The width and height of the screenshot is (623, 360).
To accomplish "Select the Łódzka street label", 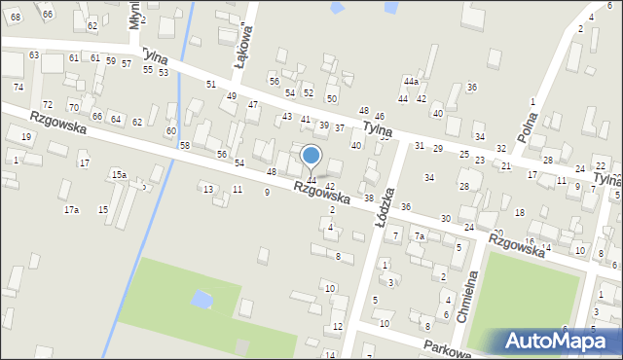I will click(x=381, y=206).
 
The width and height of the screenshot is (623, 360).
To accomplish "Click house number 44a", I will click(x=411, y=83).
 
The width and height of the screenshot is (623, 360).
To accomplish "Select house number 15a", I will click(x=118, y=174).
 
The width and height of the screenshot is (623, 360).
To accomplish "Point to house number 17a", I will click(x=71, y=210).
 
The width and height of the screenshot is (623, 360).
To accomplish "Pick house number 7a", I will click(x=420, y=236).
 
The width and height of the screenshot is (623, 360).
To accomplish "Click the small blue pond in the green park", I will click(x=202, y=299).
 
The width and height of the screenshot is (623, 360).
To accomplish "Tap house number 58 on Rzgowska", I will click(x=185, y=145).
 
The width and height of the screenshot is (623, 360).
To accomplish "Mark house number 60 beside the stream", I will click(x=171, y=130).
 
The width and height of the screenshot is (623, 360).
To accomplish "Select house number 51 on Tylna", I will click(x=210, y=85).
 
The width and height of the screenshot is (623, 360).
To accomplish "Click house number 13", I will click(x=207, y=189).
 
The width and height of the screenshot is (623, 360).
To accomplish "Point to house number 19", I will click(x=25, y=137).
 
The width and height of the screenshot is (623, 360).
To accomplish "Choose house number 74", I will click(x=18, y=87).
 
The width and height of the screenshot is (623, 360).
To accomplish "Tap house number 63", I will click(x=34, y=55).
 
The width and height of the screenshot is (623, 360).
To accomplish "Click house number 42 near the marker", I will click(x=330, y=186).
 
